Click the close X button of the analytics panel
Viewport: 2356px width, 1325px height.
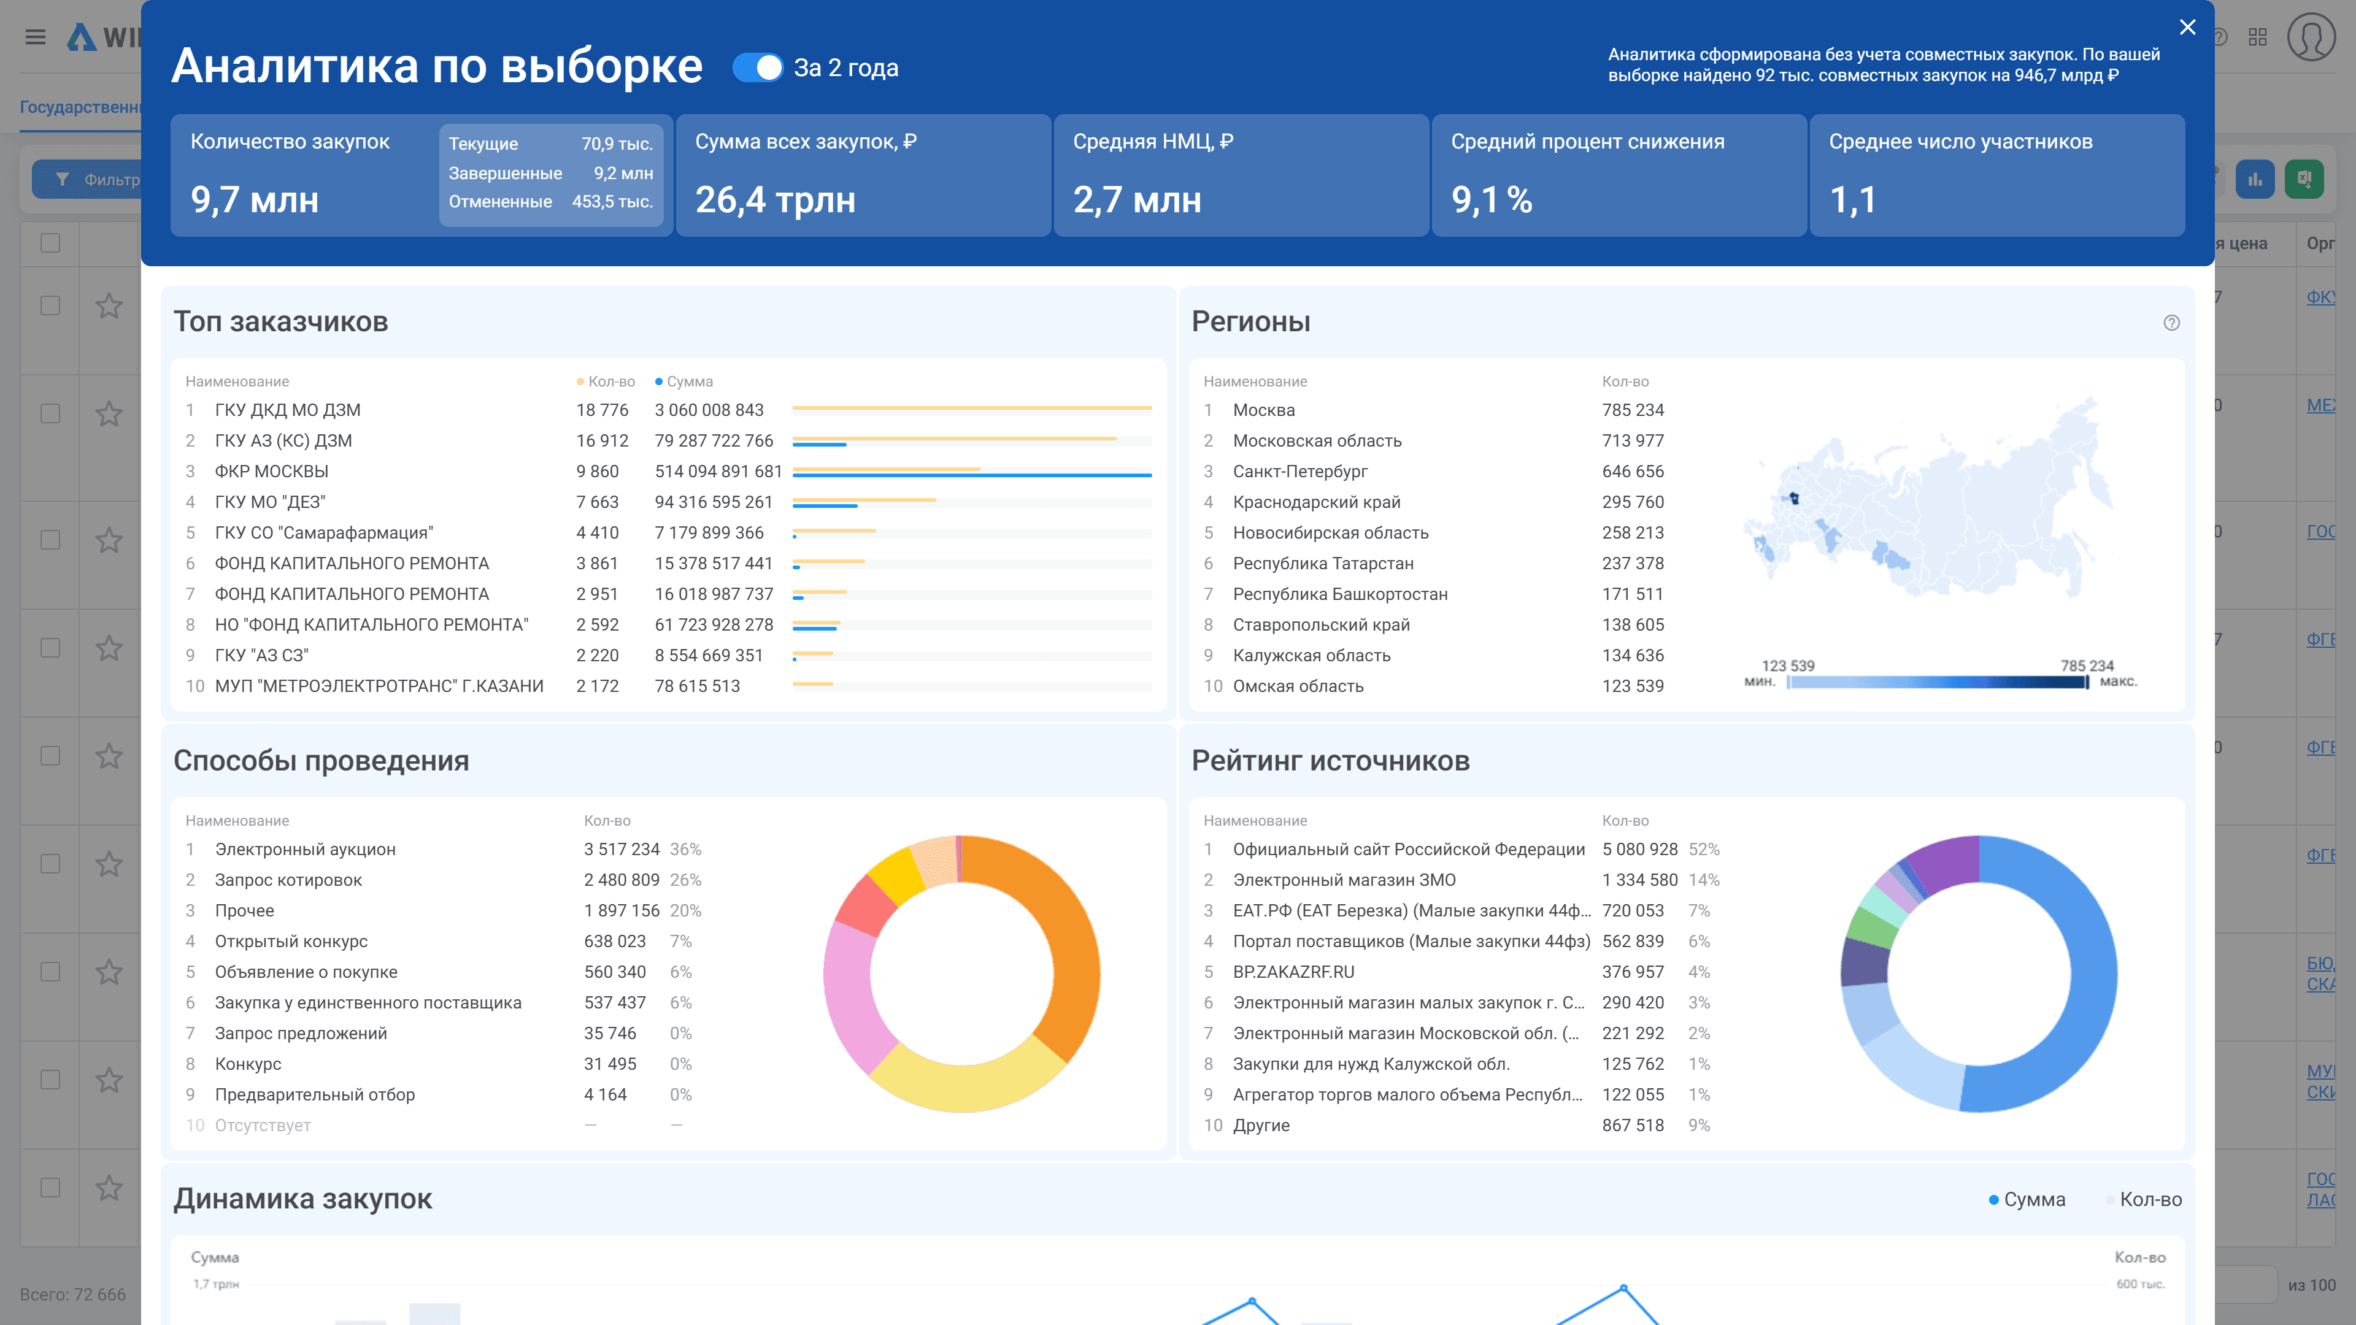tap(2187, 28)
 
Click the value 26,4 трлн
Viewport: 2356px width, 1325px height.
tap(776, 199)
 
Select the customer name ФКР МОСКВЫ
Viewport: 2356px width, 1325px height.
tap(272, 471)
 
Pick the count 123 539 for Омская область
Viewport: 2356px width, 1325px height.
tap(1633, 686)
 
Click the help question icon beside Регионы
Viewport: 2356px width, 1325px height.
tap(2171, 323)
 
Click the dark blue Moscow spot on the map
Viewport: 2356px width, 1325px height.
tap(1793, 498)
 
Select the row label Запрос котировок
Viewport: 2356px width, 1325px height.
tap(288, 880)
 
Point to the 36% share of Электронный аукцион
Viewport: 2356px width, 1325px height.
tap(685, 848)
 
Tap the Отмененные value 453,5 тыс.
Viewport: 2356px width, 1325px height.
tap(612, 201)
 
